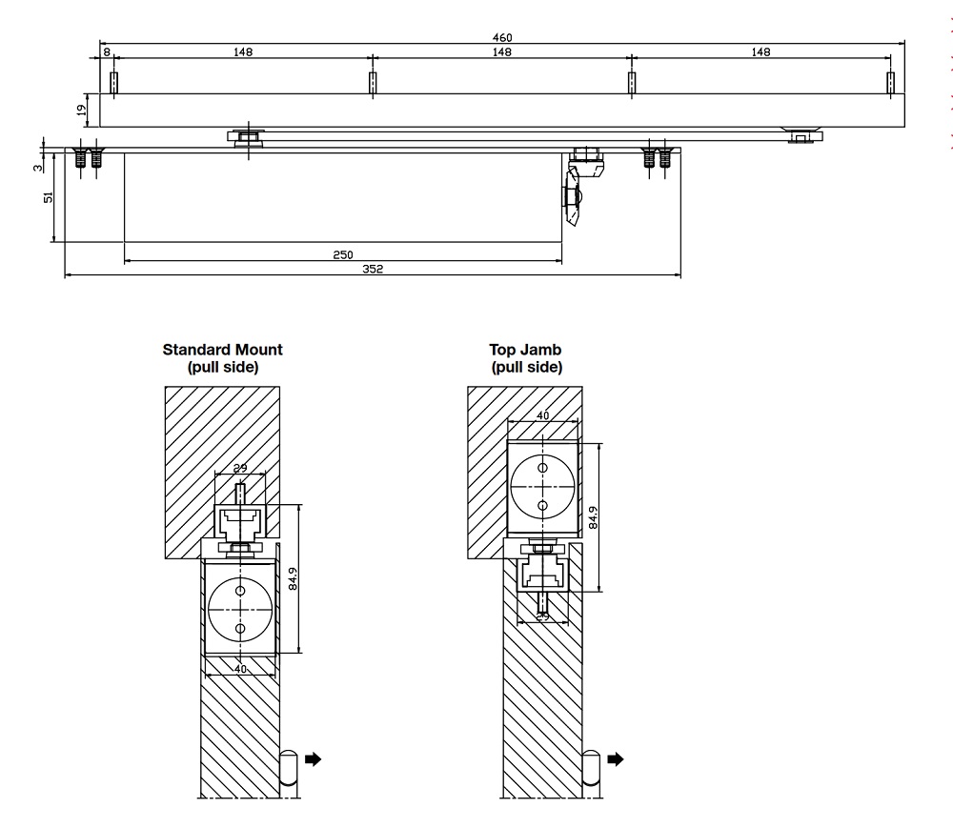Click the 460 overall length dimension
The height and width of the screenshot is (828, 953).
point(502,37)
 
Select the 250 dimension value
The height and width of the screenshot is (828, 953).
point(343,254)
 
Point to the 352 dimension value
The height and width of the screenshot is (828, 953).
point(373,270)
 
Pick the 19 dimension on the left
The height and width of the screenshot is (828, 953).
point(81,110)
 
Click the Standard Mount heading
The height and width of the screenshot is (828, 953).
point(223,357)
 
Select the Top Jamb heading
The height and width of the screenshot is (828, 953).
point(526,357)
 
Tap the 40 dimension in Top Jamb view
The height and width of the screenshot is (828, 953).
point(542,414)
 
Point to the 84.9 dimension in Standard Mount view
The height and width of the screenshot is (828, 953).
point(294,579)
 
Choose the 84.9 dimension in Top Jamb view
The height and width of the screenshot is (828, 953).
point(594,516)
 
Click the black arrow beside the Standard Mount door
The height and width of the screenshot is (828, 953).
point(313,759)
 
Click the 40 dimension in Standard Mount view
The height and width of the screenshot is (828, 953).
point(240,669)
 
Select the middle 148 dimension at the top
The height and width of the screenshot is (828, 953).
point(502,52)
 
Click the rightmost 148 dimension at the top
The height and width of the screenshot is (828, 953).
point(760,52)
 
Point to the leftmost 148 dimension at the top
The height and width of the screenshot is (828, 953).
point(243,52)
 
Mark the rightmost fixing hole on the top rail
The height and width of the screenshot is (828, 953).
point(890,83)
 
